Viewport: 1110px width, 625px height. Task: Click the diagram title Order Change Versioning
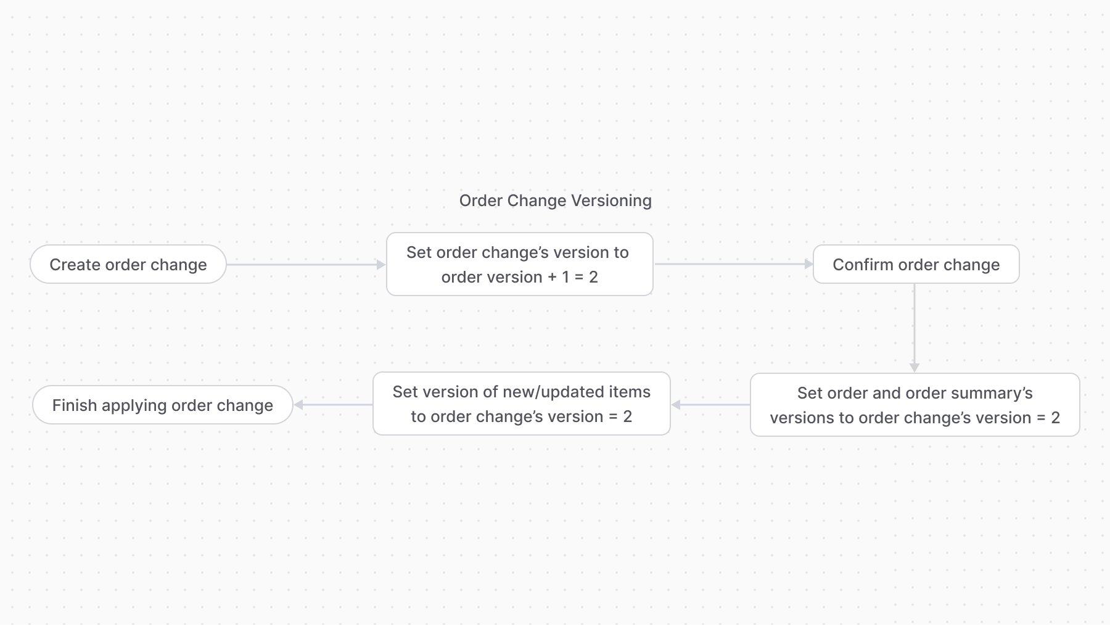[x=555, y=201]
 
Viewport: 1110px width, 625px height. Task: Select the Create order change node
[x=128, y=265]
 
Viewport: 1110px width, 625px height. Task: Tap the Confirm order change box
[x=916, y=265]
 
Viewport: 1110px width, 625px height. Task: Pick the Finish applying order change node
[x=162, y=405]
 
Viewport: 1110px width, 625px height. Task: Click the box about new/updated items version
[x=521, y=404]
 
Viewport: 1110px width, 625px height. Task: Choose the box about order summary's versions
[x=915, y=405]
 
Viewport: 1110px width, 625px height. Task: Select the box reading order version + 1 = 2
[x=519, y=265]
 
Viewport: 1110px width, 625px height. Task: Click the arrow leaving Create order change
[x=305, y=265]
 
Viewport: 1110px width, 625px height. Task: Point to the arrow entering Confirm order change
[x=734, y=264]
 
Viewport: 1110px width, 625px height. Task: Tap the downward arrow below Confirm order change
[x=915, y=327]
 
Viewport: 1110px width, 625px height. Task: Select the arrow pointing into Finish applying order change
[x=333, y=405]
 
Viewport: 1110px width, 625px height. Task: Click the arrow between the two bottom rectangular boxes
[x=710, y=405]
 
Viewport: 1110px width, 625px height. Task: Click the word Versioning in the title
[x=611, y=201]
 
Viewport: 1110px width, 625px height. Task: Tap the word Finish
[x=75, y=405]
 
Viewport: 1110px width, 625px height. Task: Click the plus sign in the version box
[x=552, y=277]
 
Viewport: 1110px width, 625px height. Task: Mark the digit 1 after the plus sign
[x=565, y=277]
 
